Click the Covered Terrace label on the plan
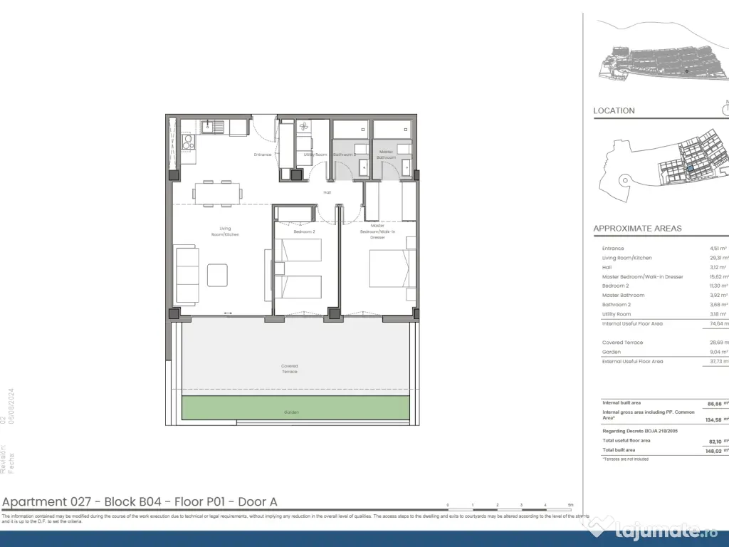pyautogui.click(x=289, y=369)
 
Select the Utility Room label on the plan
pyautogui.click(x=315, y=155)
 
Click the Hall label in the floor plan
pyautogui.click(x=327, y=192)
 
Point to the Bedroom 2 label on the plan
pyautogui.click(x=304, y=231)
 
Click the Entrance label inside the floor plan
pyautogui.click(x=263, y=155)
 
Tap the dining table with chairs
pyautogui.click(x=218, y=193)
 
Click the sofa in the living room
pyautogui.click(x=187, y=275)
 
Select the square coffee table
pyautogui.click(x=218, y=275)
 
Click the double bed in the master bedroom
pyautogui.click(x=392, y=268)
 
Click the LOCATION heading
pyautogui.click(x=614, y=110)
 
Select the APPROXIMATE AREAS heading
pyautogui.click(x=637, y=229)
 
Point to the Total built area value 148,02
pyautogui.click(x=712, y=450)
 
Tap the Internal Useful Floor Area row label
pyautogui.click(x=632, y=323)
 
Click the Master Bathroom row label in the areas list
pyautogui.click(x=623, y=295)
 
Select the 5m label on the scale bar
pyautogui.click(x=570, y=504)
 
